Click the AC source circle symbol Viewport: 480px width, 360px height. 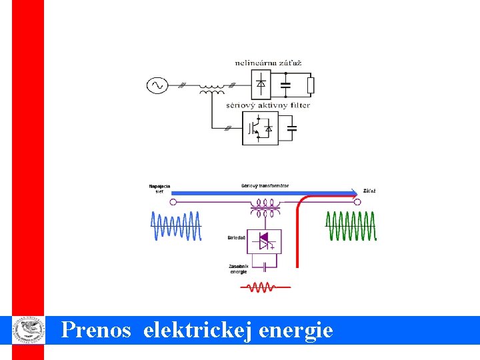158,85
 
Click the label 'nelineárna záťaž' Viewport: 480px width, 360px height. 268,63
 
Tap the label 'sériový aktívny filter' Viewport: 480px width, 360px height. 268,105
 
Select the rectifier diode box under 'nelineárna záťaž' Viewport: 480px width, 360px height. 261,85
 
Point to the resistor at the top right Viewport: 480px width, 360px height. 310,85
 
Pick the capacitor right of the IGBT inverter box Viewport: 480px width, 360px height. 291,127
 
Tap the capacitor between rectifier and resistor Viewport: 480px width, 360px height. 286,85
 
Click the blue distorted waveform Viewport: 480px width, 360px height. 175,226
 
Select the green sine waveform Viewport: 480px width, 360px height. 351,226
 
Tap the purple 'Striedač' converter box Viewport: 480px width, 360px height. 265,241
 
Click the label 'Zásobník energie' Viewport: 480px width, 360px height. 239,269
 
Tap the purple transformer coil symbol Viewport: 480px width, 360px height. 265,212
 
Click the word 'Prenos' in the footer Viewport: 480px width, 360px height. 96,330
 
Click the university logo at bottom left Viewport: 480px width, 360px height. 28,330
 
